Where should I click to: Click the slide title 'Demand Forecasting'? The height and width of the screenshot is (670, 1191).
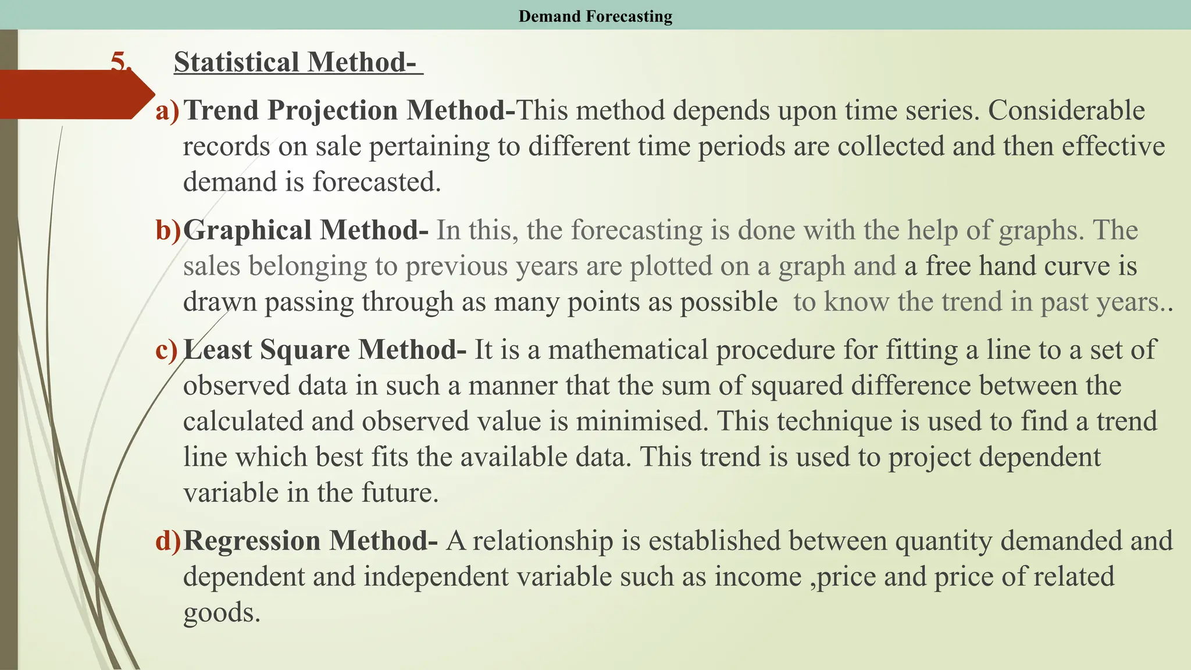pyautogui.click(x=595, y=16)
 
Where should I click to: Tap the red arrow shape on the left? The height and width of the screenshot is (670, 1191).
pyautogui.click(x=76, y=95)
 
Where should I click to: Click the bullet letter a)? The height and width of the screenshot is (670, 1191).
pyautogui.click(x=167, y=111)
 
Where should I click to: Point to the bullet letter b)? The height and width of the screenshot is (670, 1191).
pyautogui.click(x=168, y=230)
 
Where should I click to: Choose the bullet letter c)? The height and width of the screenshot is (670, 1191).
pyautogui.click(x=167, y=350)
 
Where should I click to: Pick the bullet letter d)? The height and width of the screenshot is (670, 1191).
pyautogui.click(x=168, y=541)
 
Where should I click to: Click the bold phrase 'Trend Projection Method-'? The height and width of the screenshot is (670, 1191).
pyautogui.click(x=349, y=111)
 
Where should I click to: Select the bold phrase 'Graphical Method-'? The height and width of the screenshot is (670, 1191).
pyautogui.click(x=306, y=230)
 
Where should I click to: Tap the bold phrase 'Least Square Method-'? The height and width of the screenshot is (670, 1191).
pyautogui.click(x=325, y=350)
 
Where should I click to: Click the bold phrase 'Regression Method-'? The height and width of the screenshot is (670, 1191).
pyautogui.click(x=311, y=541)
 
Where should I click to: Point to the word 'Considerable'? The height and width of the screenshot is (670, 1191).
pyautogui.click(x=1066, y=111)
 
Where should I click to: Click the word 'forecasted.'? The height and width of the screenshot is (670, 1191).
pyautogui.click(x=377, y=182)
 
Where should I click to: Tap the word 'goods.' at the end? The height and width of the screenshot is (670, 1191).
pyautogui.click(x=222, y=613)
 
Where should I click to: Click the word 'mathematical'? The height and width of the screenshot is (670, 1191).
pyautogui.click(x=627, y=350)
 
